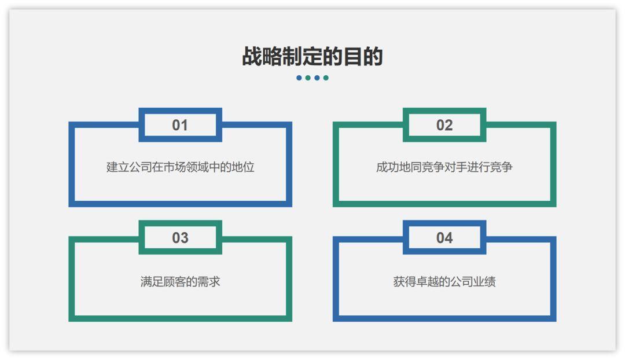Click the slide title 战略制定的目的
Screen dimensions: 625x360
[x=312, y=56]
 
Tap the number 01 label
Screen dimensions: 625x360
[x=180, y=125]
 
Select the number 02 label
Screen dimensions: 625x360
[x=444, y=125]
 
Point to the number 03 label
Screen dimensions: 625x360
[x=180, y=238]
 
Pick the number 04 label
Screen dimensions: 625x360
[x=444, y=238]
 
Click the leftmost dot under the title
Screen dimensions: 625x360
[x=299, y=78]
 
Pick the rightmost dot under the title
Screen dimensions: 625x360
[x=326, y=78]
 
